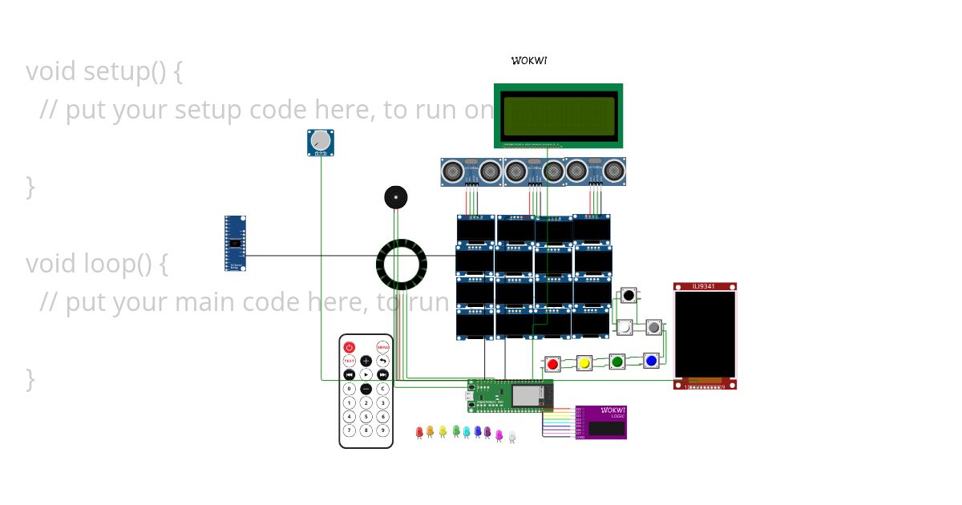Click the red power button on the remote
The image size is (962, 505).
(350, 347)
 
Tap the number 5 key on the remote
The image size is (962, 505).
(366, 416)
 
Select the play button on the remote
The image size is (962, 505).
(366, 374)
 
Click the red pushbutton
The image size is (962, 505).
(552, 365)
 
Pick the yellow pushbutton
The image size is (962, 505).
(584, 364)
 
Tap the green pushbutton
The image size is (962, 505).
(617, 362)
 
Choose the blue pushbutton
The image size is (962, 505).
(651, 361)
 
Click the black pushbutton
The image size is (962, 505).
(629, 296)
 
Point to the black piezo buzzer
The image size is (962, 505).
(395, 197)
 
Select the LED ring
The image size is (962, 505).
(401, 264)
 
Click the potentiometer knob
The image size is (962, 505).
(321, 141)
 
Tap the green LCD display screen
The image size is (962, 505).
(558, 115)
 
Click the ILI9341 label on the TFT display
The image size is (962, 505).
(704, 286)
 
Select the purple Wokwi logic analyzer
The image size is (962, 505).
(601, 422)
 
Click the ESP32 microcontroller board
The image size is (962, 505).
(510, 395)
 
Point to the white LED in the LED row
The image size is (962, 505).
(512, 436)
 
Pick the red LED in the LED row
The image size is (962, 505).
(419, 432)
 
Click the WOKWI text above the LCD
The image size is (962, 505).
(529, 61)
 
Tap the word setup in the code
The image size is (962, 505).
(116, 72)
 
